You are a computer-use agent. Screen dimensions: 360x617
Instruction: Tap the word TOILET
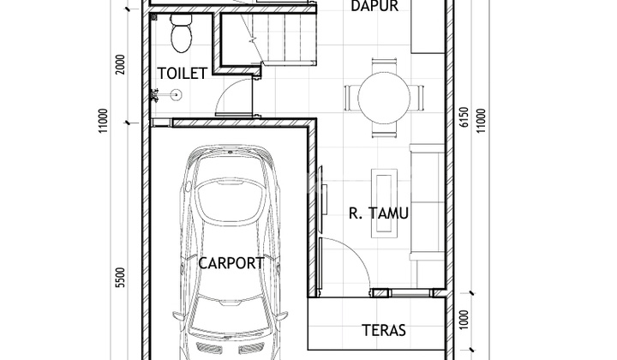(182, 73)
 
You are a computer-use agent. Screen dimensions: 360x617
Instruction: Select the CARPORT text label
(231, 263)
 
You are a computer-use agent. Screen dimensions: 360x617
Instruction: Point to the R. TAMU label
(379, 213)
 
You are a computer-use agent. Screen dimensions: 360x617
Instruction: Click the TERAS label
(383, 329)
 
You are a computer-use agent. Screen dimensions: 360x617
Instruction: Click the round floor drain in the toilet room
(177, 96)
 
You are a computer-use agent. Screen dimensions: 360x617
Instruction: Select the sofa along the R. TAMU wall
(426, 201)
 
